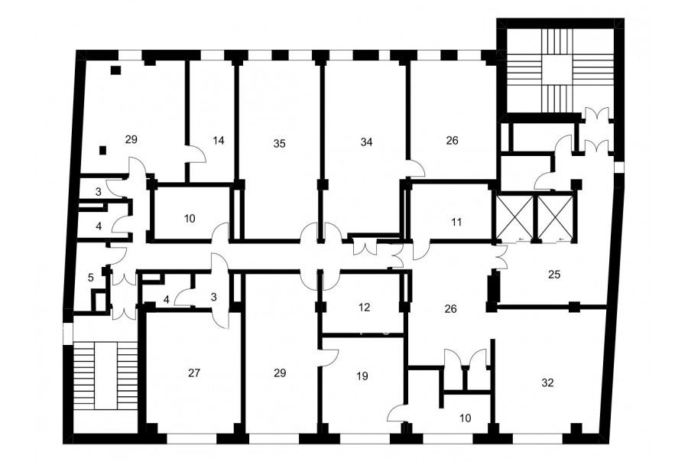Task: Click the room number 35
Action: (x=279, y=144)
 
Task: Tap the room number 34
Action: (x=366, y=142)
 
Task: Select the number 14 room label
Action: (x=218, y=141)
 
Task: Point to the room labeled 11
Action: (x=456, y=223)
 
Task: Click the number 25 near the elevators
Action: (x=554, y=275)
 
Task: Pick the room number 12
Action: (x=364, y=307)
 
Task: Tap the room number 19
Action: (x=362, y=376)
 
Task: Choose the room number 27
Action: (x=194, y=373)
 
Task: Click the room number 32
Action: (x=547, y=383)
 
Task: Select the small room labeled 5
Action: (x=91, y=278)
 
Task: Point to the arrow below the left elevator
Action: (x=521, y=239)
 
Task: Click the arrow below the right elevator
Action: (x=562, y=239)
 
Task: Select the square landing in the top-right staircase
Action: (x=557, y=69)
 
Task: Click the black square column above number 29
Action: (x=116, y=70)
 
